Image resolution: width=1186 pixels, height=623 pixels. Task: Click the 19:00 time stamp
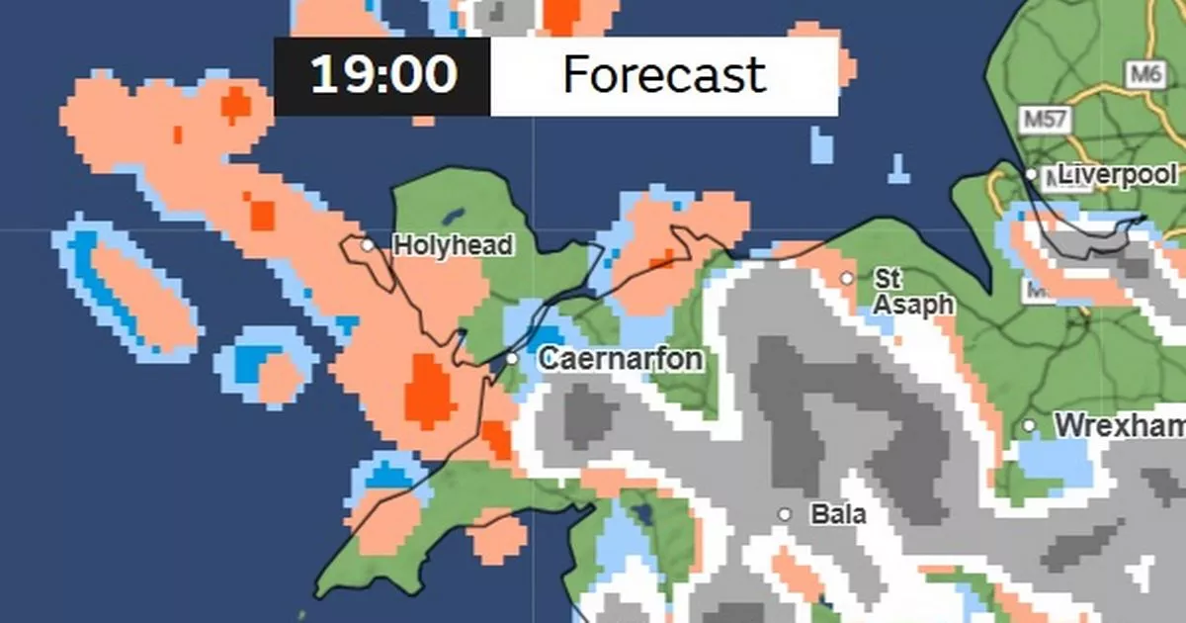tap(383, 76)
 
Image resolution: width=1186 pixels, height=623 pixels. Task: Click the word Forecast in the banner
tap(664, 76)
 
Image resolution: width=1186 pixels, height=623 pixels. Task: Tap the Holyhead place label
tap(453, 245)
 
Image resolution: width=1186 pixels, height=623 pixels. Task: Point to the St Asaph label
tap(911, 292)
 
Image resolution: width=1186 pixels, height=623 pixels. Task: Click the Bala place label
tap(837, 514)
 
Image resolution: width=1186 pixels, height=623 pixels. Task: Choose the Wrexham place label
tap(1120, 426)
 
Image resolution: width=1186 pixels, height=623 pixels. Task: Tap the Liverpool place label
tap(1118, 175)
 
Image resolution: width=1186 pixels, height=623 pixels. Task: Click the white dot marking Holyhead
tap(368, 244)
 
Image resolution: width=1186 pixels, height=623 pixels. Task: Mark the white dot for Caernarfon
tap(512, 358)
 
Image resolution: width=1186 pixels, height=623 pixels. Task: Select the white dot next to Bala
tap(785, 514)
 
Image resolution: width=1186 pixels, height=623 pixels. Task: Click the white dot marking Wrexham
tap(1030, 426)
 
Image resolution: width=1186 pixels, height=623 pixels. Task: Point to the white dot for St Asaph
tap(847, 278)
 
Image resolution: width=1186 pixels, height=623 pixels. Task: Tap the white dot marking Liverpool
tap(1031, 175)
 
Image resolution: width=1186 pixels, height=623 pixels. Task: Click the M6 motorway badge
tap(1144, 73)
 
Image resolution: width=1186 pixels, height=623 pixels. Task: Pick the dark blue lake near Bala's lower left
tap(643, 515)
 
